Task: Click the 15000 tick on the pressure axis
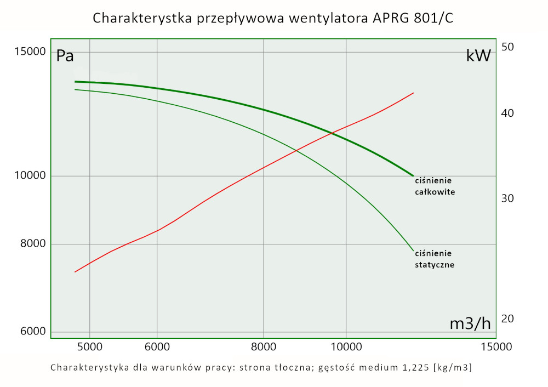click(x=31, y=52)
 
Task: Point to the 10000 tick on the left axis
click(x=31, y=176)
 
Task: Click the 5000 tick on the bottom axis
click(x=89, y=346)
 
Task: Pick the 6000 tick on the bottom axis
click(x=157, y=346)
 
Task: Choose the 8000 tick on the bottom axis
click(x=264, y=346)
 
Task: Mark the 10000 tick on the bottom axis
click(x=346, y=346)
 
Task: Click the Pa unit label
click(x=65, y=56)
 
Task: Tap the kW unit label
click(x=478, y=55)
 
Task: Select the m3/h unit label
click(x=470, y=323)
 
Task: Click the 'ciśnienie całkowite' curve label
click(x=435, y=186)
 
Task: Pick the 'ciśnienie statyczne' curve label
click(x=435, y=259)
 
